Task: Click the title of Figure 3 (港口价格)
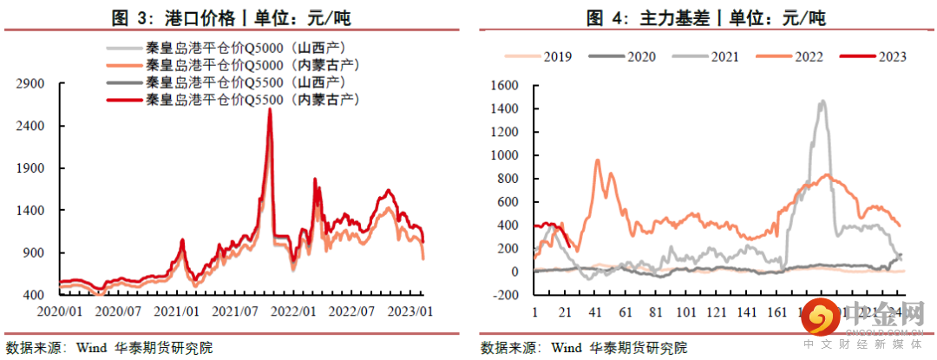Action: click(233, 16)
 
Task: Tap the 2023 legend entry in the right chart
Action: click(886, 57)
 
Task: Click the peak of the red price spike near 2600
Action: click(270, 110)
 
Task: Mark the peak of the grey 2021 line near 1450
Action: click(822, 101)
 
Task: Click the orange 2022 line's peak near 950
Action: click(597, 160)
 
